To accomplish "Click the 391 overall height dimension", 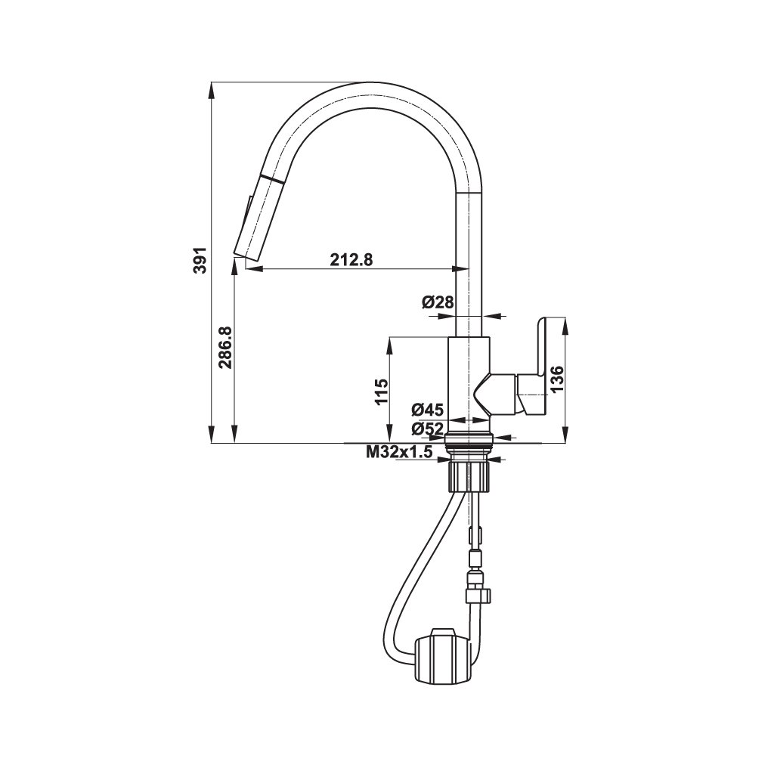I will point(200,261).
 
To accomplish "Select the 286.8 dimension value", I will point(224,348).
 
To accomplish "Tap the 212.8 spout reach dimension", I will point(351,259).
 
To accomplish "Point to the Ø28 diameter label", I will point(438,302).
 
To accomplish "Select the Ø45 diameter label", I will point(427,410).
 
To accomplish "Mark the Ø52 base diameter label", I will point(427,429).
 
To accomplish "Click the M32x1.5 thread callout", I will point(398,453).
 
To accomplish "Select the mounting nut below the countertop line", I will point(470,477).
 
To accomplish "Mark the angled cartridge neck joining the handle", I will point(495,393).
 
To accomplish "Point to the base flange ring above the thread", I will point(470,437).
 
